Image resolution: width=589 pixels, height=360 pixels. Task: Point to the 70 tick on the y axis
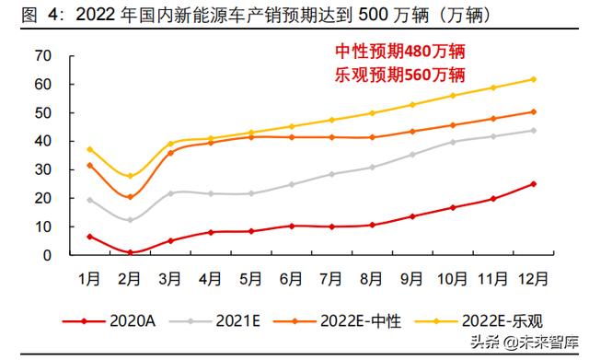click(x=40, y=55)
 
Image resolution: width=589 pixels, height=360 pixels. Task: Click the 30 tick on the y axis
click(x=40, y=169)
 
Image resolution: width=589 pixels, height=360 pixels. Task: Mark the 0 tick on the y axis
click(x=44, y=255)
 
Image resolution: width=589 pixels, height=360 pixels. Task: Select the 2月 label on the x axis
click(x=131, y=277)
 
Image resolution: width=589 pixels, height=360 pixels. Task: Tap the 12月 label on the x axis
click(x=533, y=277)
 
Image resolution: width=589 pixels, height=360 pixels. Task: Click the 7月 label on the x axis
click(x=331, y=277)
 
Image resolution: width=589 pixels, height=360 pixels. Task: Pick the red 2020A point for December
click(x=533, y=184)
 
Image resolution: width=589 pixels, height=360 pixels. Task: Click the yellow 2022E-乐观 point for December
click(x=533, y=79)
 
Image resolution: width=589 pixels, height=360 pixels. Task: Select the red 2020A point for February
click(x=131, y=252)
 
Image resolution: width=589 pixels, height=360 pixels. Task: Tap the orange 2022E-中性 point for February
click(x=131, y=197)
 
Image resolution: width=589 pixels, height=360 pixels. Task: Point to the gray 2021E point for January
click(x=90, y=200)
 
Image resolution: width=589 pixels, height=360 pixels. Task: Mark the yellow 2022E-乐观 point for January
click(x=90, y=149)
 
